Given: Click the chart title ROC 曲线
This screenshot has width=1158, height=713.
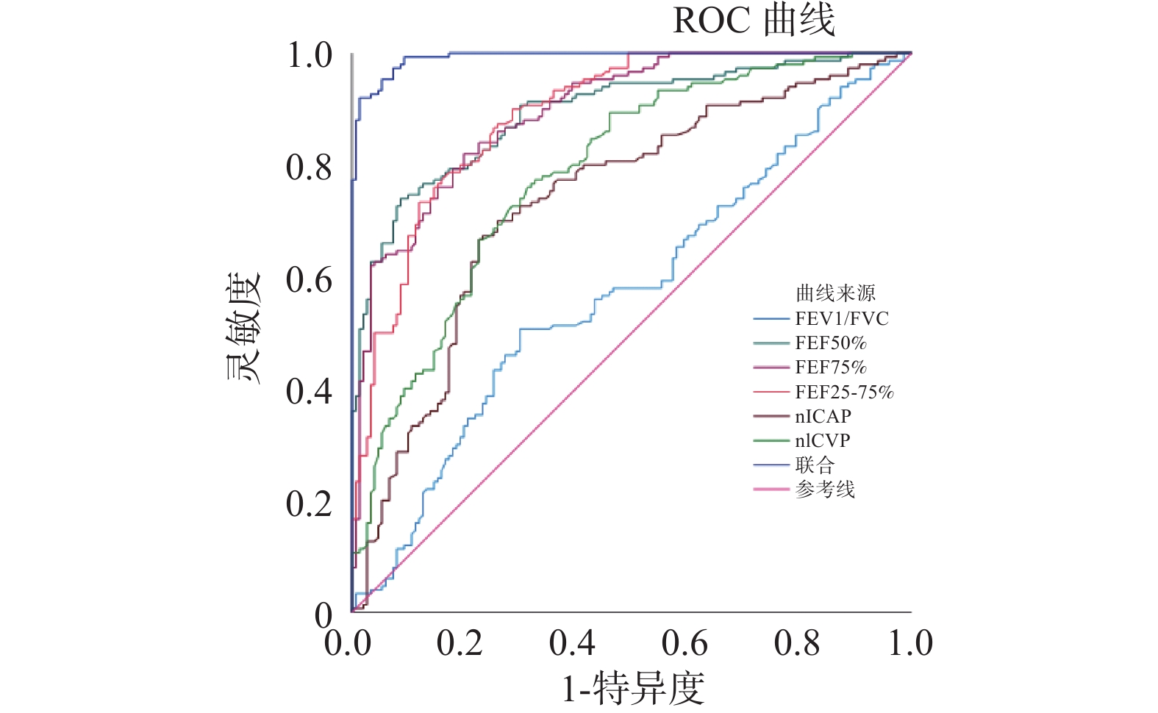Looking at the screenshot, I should point(754,21).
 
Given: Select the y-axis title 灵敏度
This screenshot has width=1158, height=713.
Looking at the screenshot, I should point(243,329).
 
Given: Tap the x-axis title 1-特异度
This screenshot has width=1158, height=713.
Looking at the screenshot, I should point(633,689).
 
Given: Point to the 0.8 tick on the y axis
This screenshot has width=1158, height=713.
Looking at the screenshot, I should point(309,168).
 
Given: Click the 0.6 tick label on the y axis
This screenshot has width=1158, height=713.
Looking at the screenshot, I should point(309,280).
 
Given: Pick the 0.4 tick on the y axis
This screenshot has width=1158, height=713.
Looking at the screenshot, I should point(309,392).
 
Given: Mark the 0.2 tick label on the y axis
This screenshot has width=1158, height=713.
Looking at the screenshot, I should point(309,504).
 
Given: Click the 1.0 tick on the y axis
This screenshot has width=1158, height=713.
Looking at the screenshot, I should point(309,56).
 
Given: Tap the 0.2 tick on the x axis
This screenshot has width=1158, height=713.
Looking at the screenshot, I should point(460,643).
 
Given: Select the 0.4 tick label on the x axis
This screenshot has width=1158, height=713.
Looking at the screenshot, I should point(572,643).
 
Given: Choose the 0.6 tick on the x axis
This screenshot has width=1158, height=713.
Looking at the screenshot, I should point(685,643).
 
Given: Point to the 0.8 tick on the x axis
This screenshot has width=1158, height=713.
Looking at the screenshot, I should point(797,643).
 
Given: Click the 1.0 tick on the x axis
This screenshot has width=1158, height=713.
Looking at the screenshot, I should point(910,643).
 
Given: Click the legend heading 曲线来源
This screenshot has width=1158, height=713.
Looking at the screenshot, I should point(835,293).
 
